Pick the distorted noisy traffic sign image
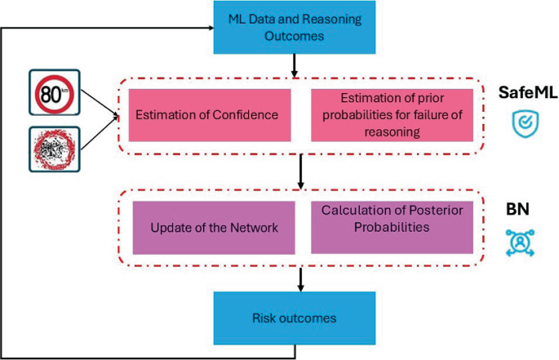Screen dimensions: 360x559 (54, 149)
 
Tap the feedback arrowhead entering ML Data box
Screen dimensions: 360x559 (209, 27)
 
